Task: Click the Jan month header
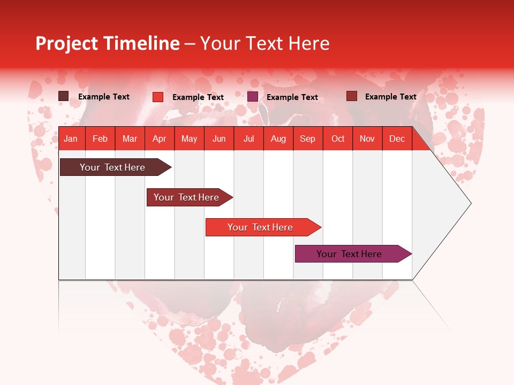click(71, 138)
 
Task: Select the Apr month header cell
click(159, 138)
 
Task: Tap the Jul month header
click(248, 138)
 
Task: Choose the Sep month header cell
click(307, 138)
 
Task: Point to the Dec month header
click(397, 138)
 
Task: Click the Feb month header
click(100, 138)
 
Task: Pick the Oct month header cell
click(337, 138)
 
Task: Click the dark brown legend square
click(64, 96)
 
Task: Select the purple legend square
click(253, 97)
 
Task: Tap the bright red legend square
click(158, 97)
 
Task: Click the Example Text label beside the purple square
click(292, 97)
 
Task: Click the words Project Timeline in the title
click(108, 43)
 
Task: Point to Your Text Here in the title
click(264, 43)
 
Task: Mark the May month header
click(189, 138)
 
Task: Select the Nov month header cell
click(367, 138)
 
